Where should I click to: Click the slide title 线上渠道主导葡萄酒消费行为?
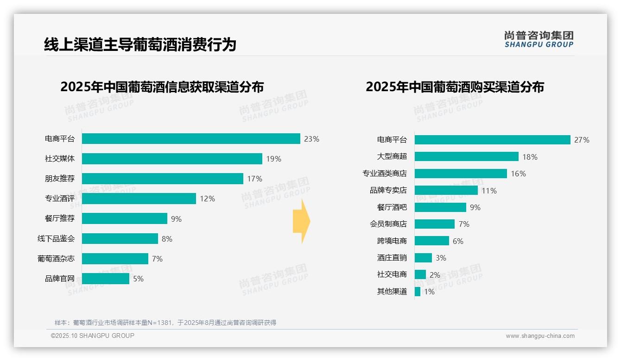pos(140,44)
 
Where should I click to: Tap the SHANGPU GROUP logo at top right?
pos(539,39)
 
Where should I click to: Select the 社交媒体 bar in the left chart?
pos(172,159)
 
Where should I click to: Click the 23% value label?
pos(311,139)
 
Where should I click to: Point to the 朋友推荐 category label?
pos(59,179)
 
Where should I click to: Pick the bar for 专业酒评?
pos(139,199)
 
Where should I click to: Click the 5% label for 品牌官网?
pos(138,279)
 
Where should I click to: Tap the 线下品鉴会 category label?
pos(56,239)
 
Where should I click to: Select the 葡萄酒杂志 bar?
pos(115,259)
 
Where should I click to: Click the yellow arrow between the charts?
pos(301,222)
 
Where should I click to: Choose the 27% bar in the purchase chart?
pos(492,140)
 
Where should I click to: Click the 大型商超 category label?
pos(392,156)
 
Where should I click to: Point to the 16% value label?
pos(518,174)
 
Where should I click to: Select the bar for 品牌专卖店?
pos(446,190)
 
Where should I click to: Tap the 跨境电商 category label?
pos(392,241)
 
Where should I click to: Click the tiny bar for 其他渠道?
pos(418,292)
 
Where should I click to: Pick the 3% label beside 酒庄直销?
pos(441,258)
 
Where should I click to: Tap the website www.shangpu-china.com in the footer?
pos(540,336)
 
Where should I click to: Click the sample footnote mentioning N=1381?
pos(165,323)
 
